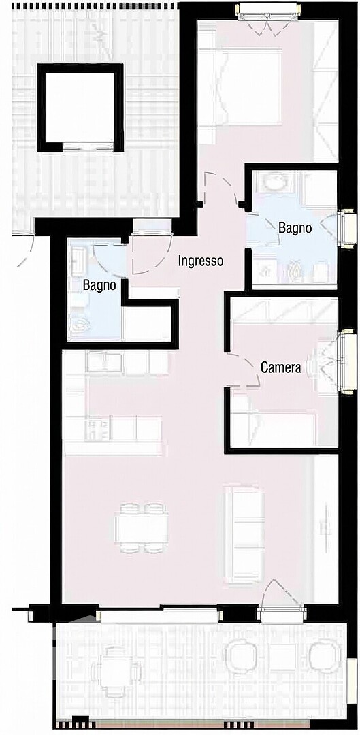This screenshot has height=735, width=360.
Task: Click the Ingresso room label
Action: [x=200, y=261]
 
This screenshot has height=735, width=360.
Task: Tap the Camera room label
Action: [x=281, y=368]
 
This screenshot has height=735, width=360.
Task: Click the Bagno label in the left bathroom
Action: [x=100, y=285]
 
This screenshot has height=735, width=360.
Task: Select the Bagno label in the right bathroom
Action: [x=295, y=228]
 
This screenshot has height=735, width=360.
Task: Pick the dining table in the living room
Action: [x=142, y=527]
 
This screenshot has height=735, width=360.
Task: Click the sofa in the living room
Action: [x=244, y=534]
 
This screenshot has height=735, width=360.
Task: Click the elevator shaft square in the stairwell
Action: [x=80, y=108]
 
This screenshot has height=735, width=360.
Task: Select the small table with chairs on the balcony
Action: [x=116, y=672]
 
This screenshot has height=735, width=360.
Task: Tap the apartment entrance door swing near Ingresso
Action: [x=151, y=254]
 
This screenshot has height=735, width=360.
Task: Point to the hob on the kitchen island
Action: [x=97, y=428]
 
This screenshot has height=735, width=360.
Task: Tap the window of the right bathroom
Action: [x=348, y=228]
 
